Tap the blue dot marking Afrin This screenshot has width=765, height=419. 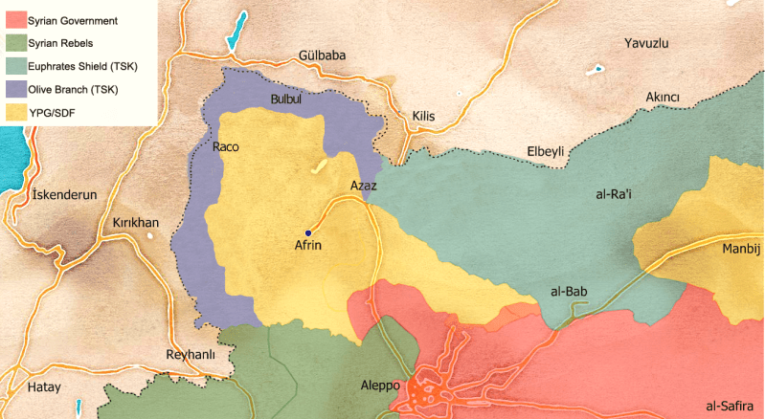308,232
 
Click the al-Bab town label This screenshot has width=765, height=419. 569,291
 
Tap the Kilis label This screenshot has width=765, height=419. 423,116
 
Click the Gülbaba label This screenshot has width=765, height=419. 322,55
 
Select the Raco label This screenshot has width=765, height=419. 225,147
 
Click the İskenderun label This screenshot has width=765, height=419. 65,194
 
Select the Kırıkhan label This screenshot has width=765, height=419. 136,222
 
